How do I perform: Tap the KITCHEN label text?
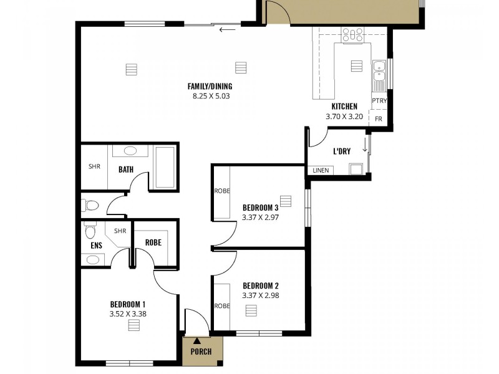pos(344,107)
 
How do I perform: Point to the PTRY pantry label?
pos(379,101)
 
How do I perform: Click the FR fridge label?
pos(378,118)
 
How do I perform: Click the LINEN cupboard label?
pos(321,170)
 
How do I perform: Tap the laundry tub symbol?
pos(356,168)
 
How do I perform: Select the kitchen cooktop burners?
pos(353,35)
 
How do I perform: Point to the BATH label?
pos(126,169)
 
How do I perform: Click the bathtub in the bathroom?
pos(165,166)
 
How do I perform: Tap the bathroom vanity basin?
pos(130,151)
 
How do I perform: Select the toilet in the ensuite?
pos(90,231)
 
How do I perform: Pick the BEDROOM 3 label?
pos(259,208)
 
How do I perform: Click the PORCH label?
pos(200,352)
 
